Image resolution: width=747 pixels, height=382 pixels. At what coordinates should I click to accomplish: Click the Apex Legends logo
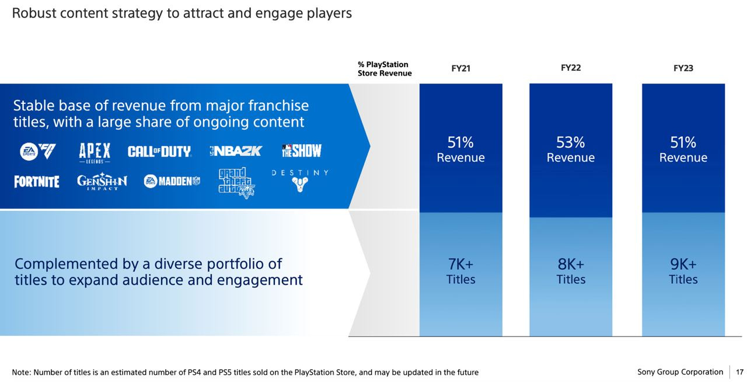tap(95, 152)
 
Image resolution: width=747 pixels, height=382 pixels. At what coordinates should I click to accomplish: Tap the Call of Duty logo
tap(159, 152)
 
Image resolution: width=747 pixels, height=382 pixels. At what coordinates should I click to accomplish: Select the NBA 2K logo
tap(236, 151)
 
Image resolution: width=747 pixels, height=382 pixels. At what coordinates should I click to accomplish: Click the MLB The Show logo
tap(301, 151)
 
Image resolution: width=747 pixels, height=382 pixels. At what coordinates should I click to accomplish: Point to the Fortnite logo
tap(37, 182)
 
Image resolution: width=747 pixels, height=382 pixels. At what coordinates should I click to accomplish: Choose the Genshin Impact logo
tap(102, 182)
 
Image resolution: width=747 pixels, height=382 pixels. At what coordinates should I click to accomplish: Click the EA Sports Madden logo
tap(172, 181)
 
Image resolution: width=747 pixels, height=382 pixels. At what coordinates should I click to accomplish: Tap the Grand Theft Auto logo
tap(236, 183)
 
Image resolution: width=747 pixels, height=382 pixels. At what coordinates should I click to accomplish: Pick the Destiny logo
tap(299, 181)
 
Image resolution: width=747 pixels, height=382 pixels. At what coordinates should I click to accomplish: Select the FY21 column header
tap(460, 68)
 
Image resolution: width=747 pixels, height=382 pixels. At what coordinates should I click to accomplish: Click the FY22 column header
tap(570, 68)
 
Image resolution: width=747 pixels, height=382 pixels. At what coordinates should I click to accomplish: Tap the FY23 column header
tap(683, 68)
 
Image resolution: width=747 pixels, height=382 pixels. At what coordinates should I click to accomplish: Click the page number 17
tap(739, 372)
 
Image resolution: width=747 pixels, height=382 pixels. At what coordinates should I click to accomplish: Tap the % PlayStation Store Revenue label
tap(385, 69)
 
